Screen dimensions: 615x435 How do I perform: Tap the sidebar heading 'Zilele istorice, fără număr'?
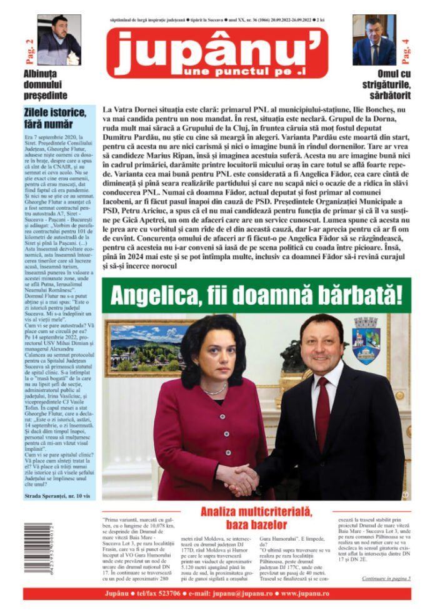pos(54,118)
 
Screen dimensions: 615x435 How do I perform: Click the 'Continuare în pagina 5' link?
pos(386,579)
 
